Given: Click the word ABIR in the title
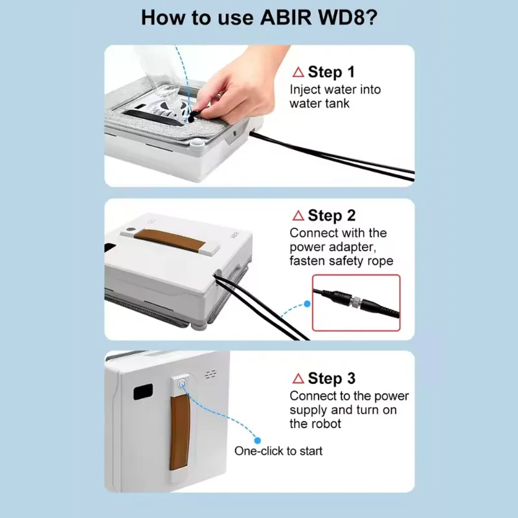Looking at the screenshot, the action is click(x=286, y=17).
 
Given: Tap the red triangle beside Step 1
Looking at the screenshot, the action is click(x=298, y=72).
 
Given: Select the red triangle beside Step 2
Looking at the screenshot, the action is click(x=298, y=216).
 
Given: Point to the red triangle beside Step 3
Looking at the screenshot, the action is click(x=298, y=378).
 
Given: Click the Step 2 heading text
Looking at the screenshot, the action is click(x=332, y=216).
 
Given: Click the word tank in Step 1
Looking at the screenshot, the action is click(x=336, y=104).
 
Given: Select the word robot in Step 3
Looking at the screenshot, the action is click(x=325, y=423).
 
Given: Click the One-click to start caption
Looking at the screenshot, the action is click(x=278, y=451).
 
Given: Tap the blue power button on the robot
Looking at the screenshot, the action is click(x=182, y=384).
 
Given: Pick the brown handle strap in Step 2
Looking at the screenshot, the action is click(x=170, y=240).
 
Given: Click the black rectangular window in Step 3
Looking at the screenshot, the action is click(x=143, y=392).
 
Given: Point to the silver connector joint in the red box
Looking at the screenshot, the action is click(x=355, y=301).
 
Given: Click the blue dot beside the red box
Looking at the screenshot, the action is click(x=307, y=304).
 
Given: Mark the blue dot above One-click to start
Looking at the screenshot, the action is click(x=258, y=440).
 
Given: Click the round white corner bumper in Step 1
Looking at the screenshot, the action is click(x=197, y=142).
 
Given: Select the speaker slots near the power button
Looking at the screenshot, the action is click(x=211, y=375).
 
